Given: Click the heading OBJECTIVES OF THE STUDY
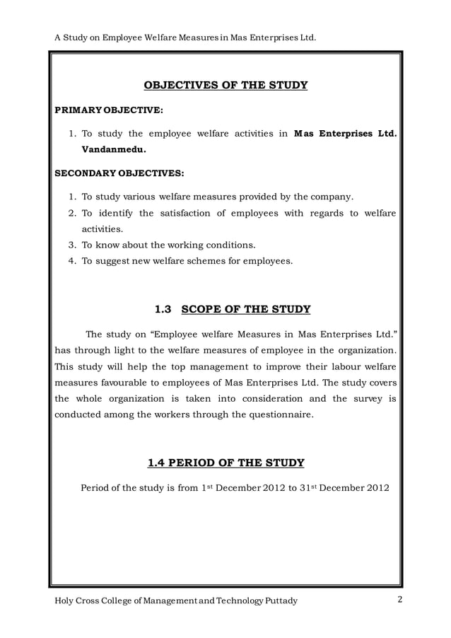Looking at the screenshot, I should pyautogui.click(x=225, y=86).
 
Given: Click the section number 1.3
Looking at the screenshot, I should pyautogui.click(x=163, y=309).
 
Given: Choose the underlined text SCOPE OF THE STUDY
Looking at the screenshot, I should pyautogui.click(x=246, y=309).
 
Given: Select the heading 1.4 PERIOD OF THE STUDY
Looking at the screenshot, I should pyautogui.click(x=225, y=463).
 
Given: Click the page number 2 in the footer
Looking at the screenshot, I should pyautogui.click(x=399, y=601).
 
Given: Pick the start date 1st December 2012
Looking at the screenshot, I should pyautogui.click(x=239, y=487).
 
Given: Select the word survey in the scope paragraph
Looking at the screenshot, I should pyautogui.click(x=361, y=399).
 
